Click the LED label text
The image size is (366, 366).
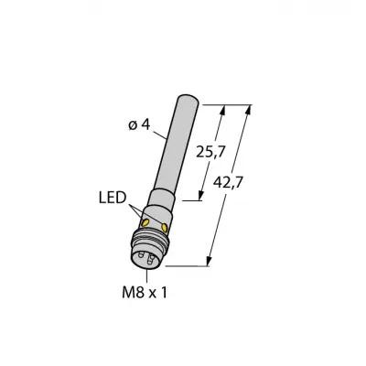(113, 198)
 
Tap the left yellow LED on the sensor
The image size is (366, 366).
(146, 223)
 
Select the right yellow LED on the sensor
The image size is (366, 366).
(165, 227)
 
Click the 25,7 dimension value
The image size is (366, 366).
(210, 152)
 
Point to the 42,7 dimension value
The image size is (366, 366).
(228, 183)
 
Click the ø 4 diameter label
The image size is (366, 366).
(139, 125)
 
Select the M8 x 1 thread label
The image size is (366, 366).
(145, 293)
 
